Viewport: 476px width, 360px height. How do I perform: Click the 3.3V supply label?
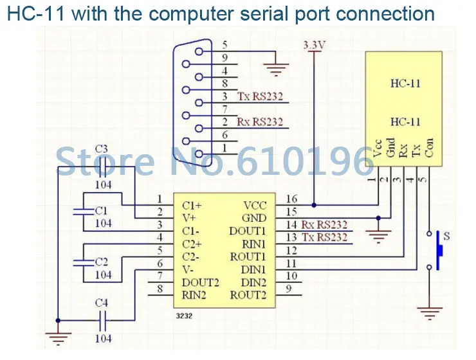[314, 45]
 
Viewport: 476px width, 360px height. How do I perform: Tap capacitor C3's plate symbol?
[103, 166]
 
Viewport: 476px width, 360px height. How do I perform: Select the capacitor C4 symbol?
[103, 320]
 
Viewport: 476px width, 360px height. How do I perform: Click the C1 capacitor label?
[102, 210]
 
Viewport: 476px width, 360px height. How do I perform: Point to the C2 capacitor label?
[102, 262]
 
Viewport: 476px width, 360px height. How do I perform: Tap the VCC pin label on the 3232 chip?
[255, 206]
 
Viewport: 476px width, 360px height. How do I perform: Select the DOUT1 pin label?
[248, 231]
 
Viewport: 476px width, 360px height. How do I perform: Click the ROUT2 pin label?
[248, 295]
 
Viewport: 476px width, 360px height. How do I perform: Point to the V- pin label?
[188, 269]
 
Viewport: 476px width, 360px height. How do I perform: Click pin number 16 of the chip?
[292, 199]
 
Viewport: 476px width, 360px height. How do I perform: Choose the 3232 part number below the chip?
[184, 316]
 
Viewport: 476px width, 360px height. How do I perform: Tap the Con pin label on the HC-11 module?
[429, 148]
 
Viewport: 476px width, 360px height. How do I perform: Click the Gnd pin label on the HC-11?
[390, 148]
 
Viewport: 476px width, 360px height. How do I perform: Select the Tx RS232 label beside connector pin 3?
[260, 96]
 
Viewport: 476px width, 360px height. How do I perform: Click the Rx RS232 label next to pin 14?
[324, 225]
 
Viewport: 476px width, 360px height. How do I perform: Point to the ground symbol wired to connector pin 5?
[276, 69]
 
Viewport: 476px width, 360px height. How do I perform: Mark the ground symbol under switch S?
[430, 313]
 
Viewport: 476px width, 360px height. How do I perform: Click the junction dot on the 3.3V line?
[314, 205]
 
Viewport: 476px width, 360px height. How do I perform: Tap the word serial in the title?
[265, 14]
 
